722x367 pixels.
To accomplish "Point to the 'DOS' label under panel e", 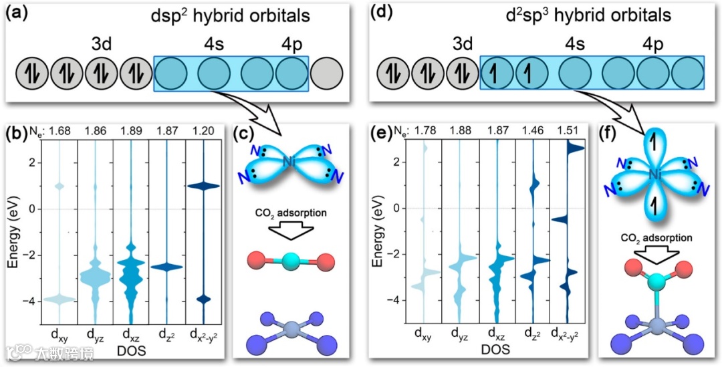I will point(495,350).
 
